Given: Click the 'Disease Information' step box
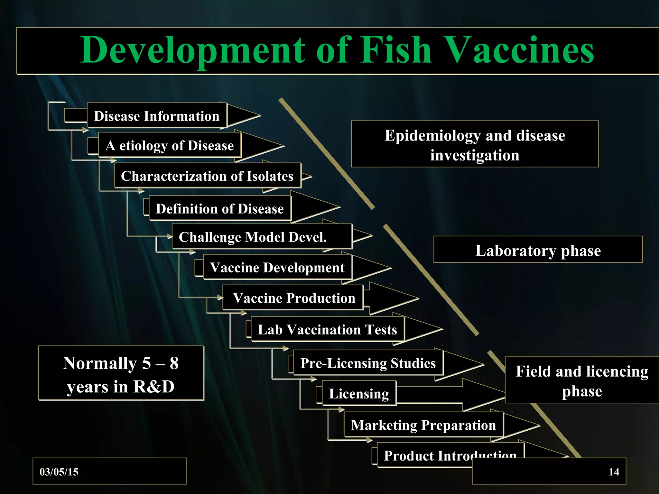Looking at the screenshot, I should (x=157, y=116).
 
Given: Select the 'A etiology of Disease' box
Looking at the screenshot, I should (x=170, y=145).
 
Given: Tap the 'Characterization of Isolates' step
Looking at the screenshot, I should (x=207, y=176).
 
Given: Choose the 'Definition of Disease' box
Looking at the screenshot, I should (x=220, y=208).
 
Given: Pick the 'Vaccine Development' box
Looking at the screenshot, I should (x=277, y=267).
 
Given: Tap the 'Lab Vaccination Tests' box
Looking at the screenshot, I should (x=327, y=329).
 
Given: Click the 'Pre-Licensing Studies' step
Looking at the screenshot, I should (x=368, y=363).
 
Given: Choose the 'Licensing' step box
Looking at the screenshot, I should (x=359, y=393).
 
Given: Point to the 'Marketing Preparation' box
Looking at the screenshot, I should (x=423, y=425).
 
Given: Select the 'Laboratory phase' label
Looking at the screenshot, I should (x=538, y=250).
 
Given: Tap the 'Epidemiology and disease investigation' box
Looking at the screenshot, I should (x=475, y=144).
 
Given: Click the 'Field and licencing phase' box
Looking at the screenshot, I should (x=582, y=380).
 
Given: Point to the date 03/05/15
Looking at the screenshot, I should (x=59, y=472).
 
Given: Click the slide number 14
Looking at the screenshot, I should (x=614, y=472).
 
